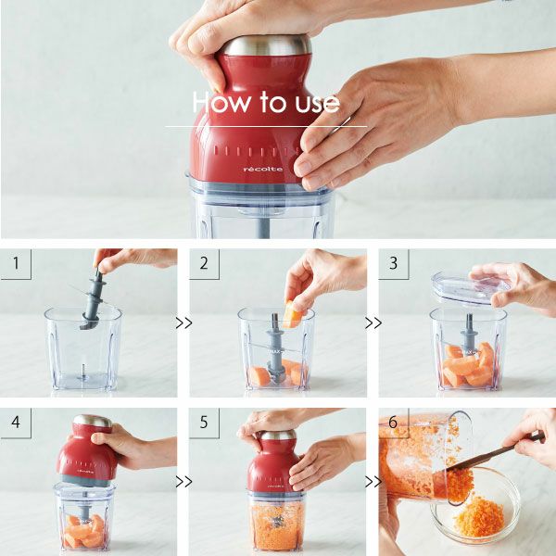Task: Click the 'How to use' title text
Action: coord(266,102)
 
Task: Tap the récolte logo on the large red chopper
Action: coord(263,170)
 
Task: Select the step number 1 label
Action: coord(16,263)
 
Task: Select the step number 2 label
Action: coord(204,263)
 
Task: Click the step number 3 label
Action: coord(393,263)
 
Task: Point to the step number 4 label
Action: coord(16,422)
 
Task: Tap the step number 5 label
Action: coord(204,422)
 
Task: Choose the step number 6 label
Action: coord(393,422)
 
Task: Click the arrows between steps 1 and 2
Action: coord(183,323)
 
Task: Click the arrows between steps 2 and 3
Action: coord(373,323)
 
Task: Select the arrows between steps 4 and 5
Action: coord(183,482)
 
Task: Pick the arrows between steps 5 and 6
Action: coord(373,482)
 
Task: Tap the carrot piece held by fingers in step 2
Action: coord(293,314)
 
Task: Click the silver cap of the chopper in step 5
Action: coord(278,435)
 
